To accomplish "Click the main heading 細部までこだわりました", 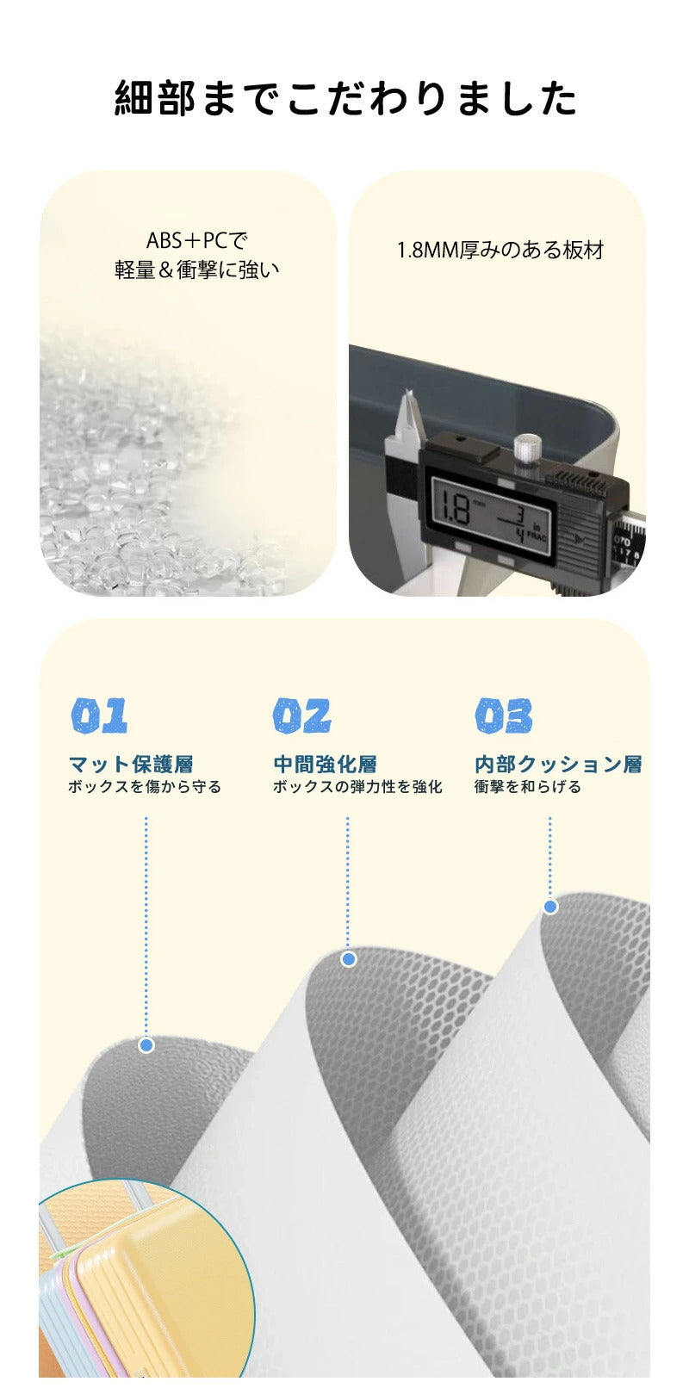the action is coord(345,98).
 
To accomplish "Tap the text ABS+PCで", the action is coord(197,239).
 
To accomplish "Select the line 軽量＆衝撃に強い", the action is coord(197,270).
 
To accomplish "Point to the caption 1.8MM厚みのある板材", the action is coord(500,251).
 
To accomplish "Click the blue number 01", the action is coord(100,716).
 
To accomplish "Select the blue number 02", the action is coord(301,716).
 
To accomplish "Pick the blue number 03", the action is coord(504,716).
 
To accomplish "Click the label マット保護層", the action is coord(131,765).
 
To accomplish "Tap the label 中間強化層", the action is coord(325,765).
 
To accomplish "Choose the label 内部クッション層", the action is coord(558,765).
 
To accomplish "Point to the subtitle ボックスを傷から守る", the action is coord(145,787).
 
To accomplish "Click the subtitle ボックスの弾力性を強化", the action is coord(357,787).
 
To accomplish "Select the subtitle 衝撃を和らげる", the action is coord(527,787).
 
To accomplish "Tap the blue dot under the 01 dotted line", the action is coord(146,1045).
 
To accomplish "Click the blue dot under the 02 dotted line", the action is coord(349,959).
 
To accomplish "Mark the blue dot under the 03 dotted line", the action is coord(550,908).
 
